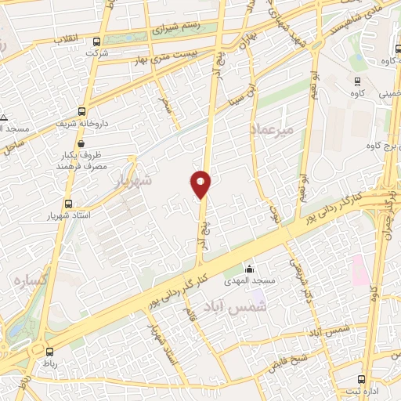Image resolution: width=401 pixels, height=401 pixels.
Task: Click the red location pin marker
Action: coord(200,183)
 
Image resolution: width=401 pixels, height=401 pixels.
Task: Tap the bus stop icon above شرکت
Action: coord(96,42)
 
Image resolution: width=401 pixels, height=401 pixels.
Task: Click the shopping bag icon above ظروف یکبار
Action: coord(81,144)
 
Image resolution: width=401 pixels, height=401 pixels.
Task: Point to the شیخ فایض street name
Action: coord(287,360)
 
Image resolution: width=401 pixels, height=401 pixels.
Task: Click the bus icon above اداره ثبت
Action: coord(360,379)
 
